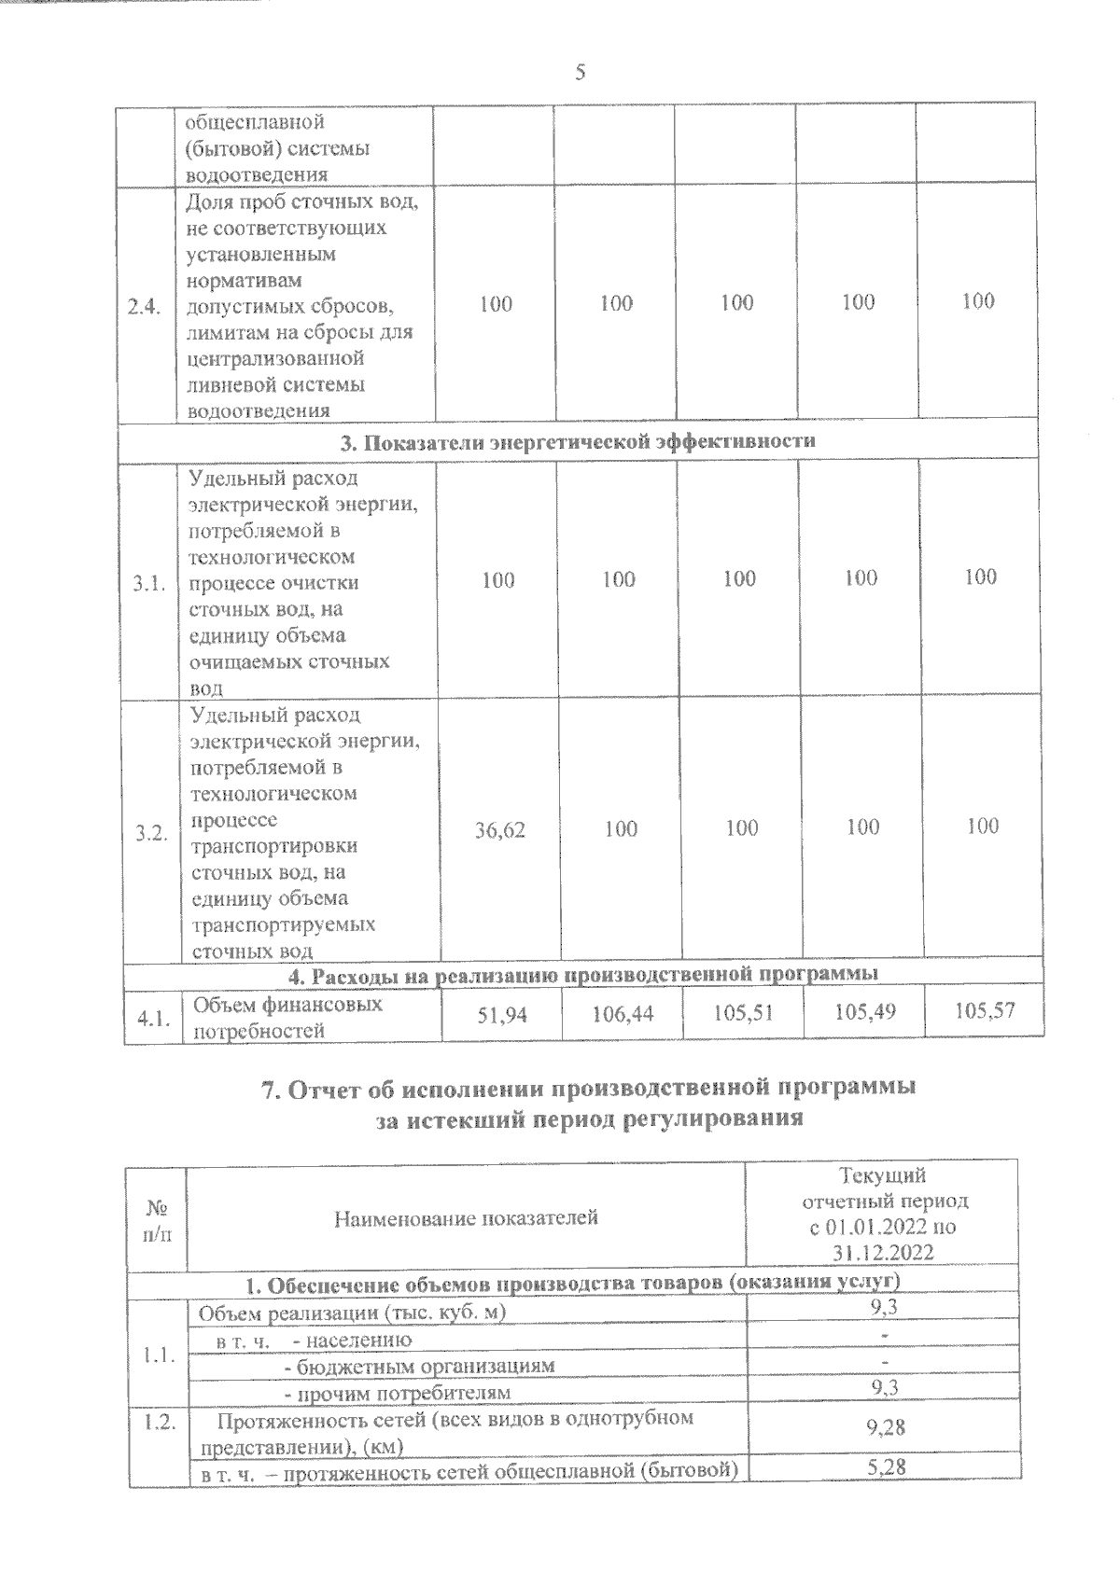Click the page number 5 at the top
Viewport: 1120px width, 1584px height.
pyautogui.click(x=580, y=72)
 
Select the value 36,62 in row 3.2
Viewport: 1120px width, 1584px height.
pyautogui.click(x=500, y=829)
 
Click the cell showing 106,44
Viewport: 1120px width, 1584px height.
pyautogui.click(x=623, y=1013)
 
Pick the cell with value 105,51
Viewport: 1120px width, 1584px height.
pyautogui.click(x=743, y=1012)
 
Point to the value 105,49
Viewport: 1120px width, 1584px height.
pyautogui.click(x=864, y=1011)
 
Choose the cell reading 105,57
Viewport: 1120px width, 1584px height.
pyautogui.click(x=985, y=1009)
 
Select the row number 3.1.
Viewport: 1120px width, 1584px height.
pyautogui.click(x=149, y=585)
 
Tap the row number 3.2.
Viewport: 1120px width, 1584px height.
pyautogui.click(x=151, y=834)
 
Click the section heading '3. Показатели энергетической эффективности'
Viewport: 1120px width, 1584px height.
pyautogui.click(x=578, y=441)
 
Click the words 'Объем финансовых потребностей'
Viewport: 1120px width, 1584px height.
pyautogui.click(x=287, y=1018)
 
